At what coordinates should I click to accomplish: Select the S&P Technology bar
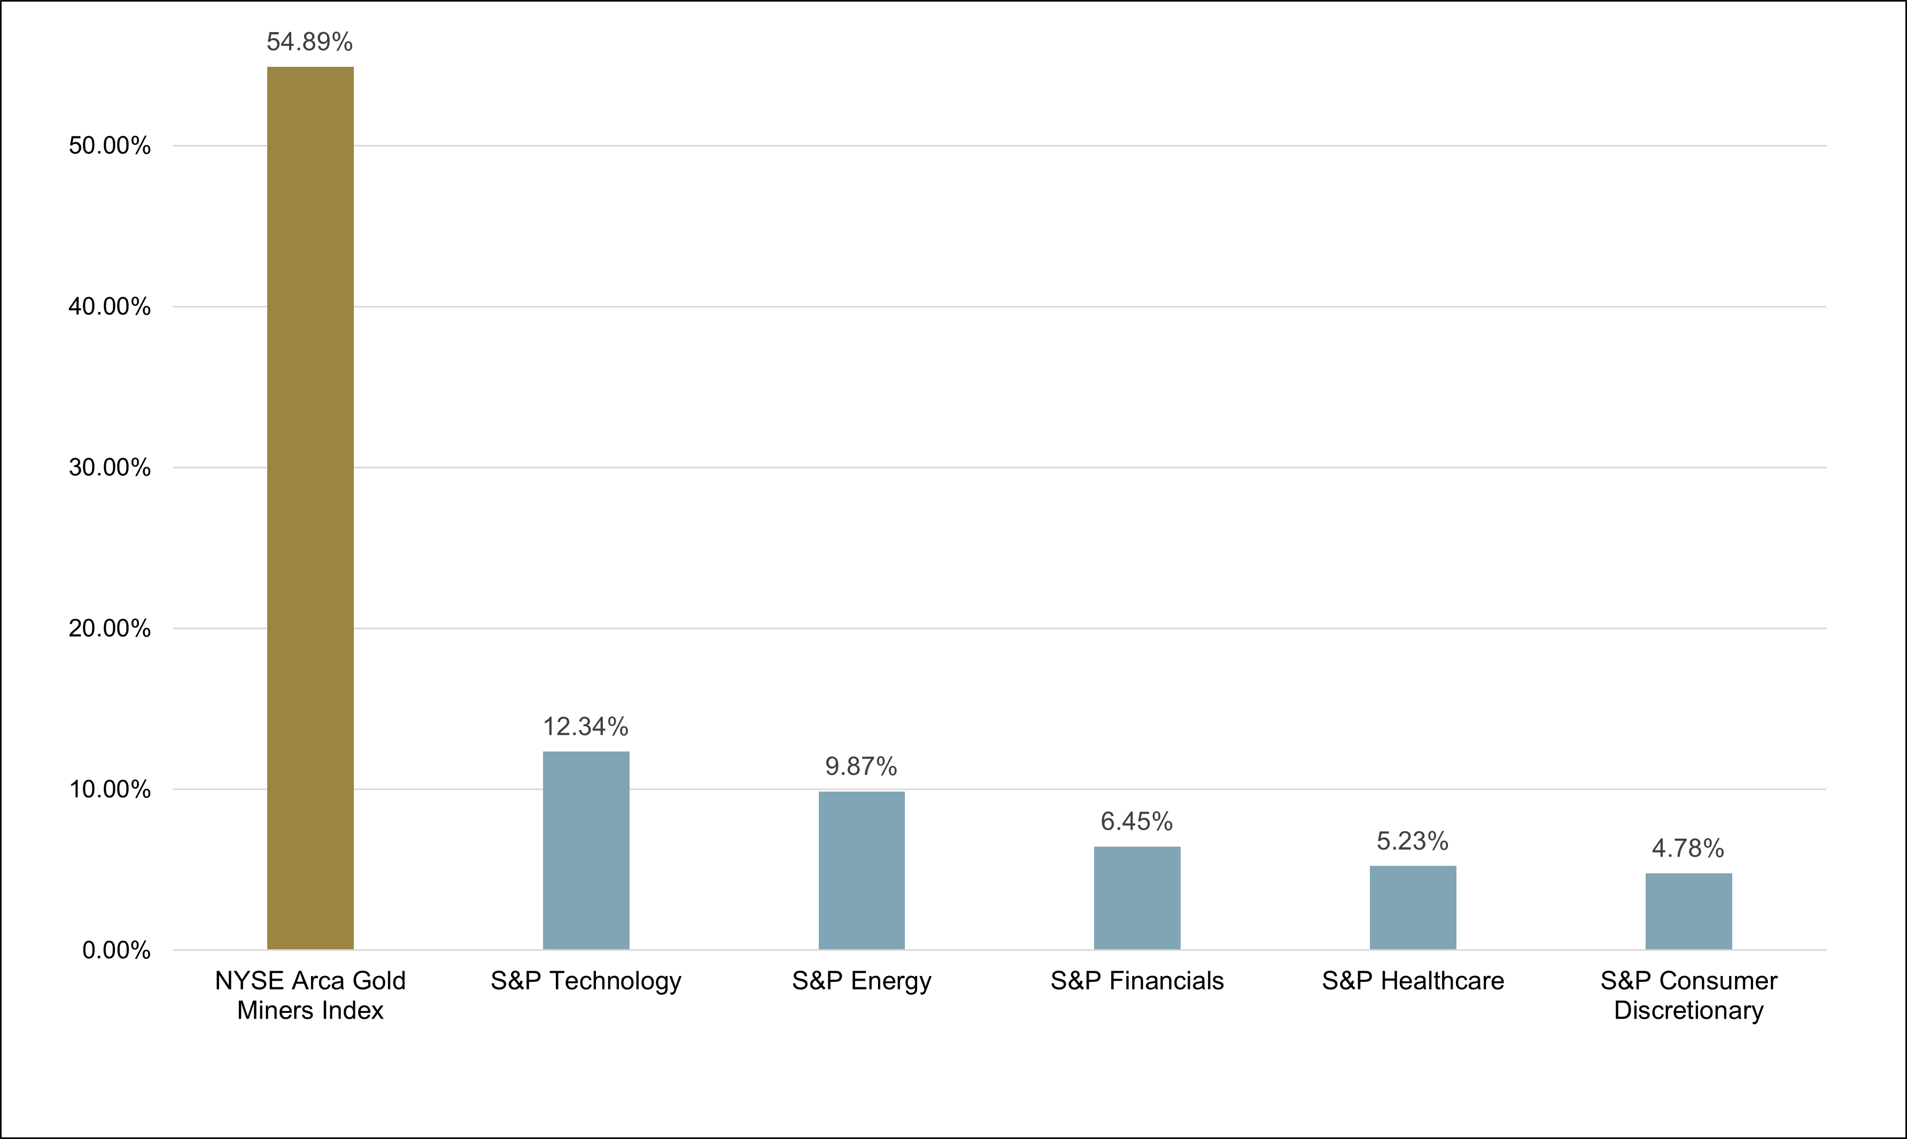point(586,850)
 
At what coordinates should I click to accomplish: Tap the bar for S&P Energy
point(861,870)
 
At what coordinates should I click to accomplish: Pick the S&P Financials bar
point(1136,898)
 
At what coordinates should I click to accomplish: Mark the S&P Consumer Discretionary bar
point(1688,911)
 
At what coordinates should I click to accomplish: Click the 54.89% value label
point(309,42)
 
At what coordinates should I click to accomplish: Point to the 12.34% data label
point(586,726)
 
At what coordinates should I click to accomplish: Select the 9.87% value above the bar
point(861,766)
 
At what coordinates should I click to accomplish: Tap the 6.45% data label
point(1136,822)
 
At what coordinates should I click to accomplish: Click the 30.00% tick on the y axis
point(110,468)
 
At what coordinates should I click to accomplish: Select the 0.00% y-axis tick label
point(117,950)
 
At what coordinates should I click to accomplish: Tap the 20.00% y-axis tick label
point(110,629)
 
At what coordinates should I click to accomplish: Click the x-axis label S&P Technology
point(586,981)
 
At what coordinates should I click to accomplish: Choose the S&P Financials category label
point(1136,981)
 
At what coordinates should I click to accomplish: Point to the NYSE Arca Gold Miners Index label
point(310,995)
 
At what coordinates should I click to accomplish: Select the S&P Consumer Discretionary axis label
point(1688,995)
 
